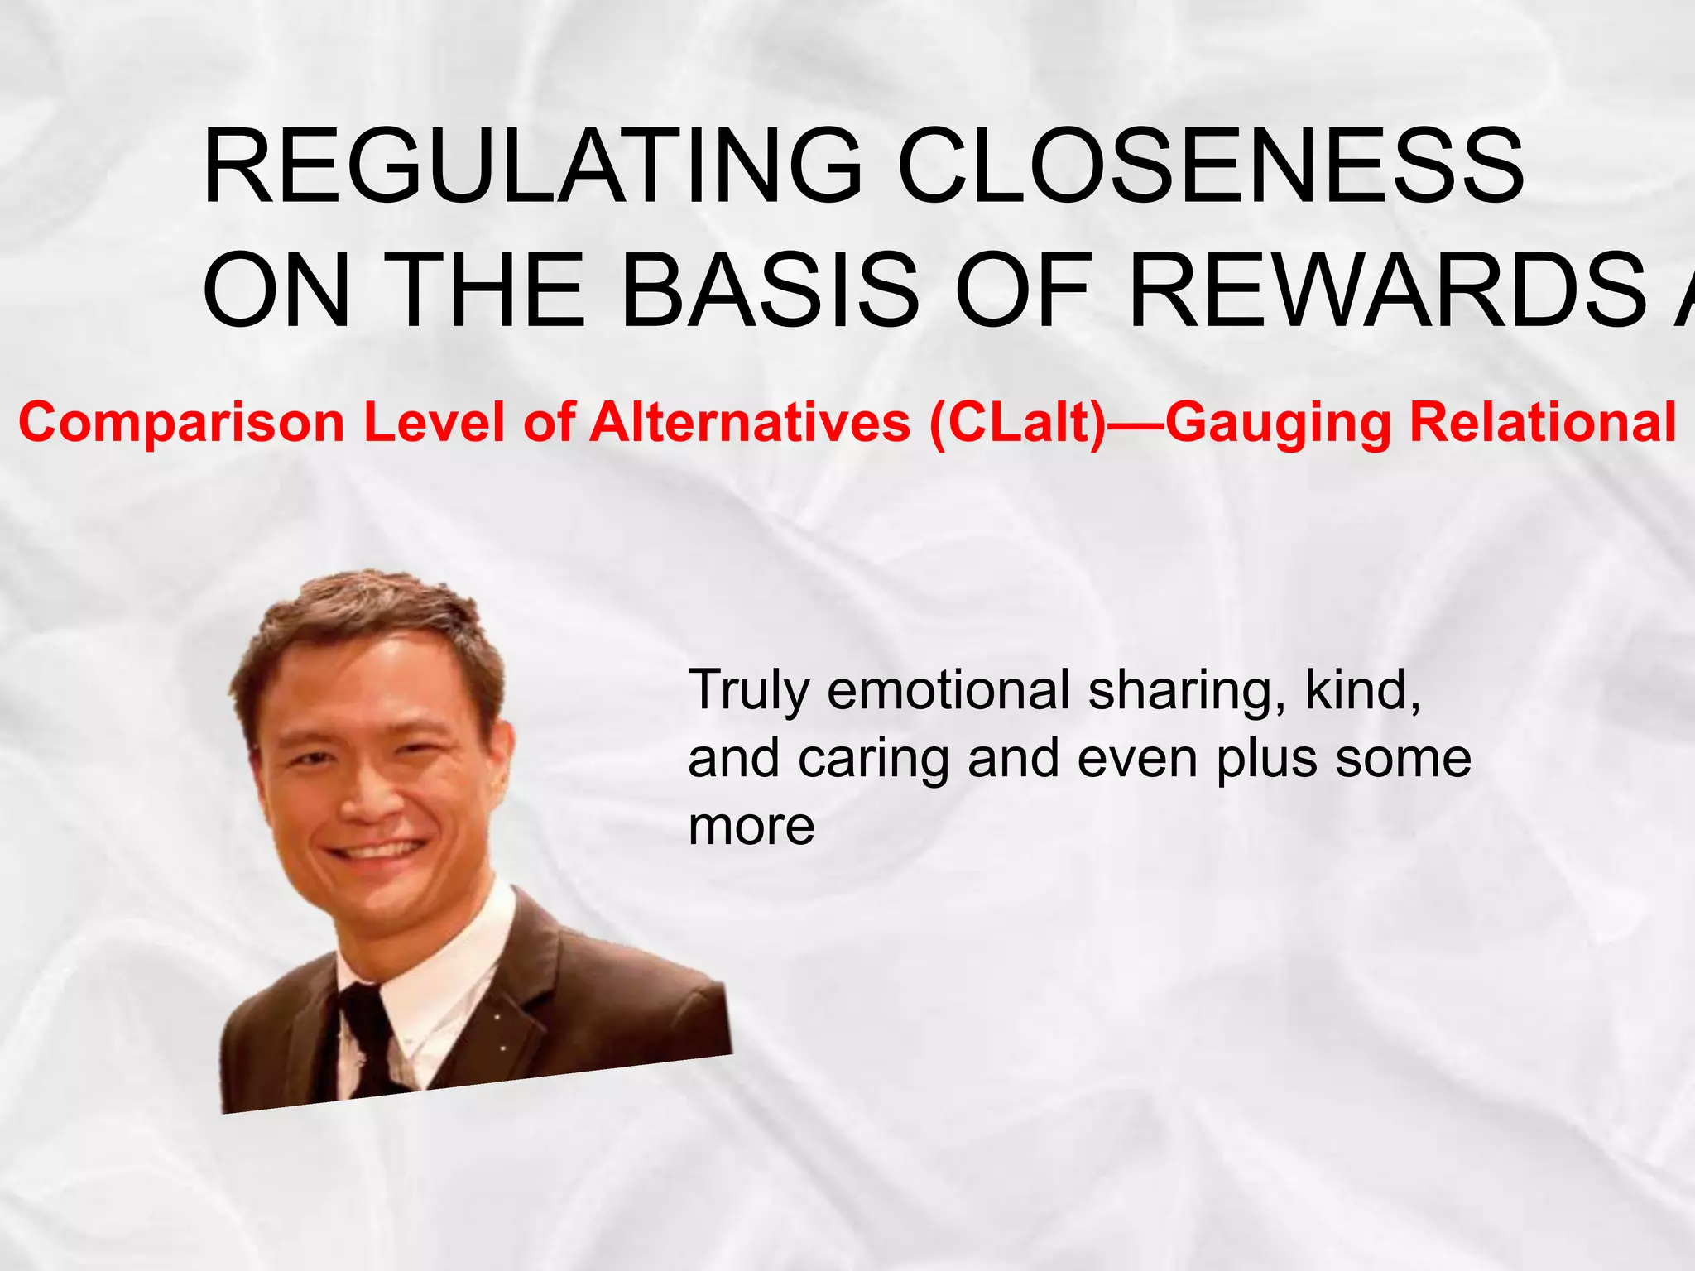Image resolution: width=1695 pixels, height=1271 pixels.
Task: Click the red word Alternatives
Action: (x=749, y=424)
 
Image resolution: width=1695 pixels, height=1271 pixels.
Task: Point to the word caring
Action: (x=873, y=760)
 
